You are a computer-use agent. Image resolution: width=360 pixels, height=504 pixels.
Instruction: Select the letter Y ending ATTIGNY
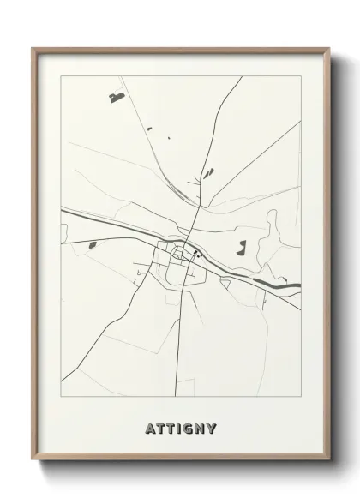[x=212, y=428]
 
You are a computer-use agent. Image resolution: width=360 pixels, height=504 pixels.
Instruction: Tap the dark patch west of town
[x=92, y=246]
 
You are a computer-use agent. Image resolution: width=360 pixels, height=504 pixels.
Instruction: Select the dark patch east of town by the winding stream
[x=242, y=249]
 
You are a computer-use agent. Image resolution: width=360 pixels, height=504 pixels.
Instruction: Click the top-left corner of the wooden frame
[x=33, y=49]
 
